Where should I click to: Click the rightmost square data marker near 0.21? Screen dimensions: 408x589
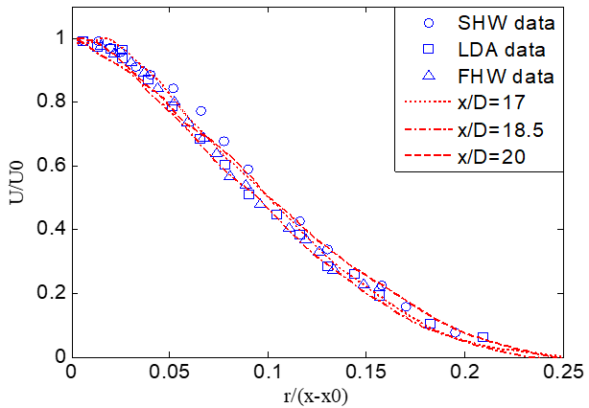(483, 338)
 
